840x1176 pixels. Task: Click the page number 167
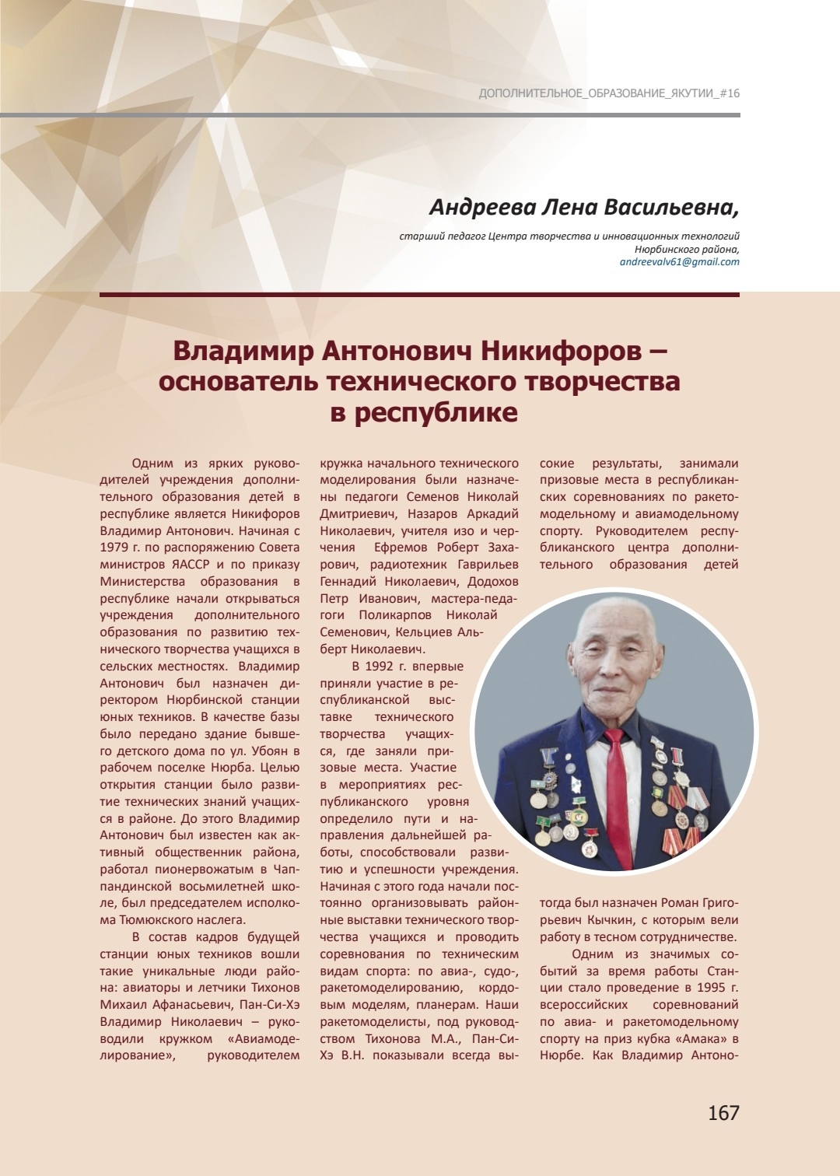723,1113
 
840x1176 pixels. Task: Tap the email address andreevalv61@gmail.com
679,262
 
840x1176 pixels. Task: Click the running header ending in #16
609,93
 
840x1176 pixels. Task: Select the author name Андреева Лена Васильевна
583,207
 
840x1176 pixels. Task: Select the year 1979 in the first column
114,548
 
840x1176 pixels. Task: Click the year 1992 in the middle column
380,667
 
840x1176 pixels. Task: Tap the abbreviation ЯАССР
190,565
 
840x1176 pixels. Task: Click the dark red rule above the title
419,295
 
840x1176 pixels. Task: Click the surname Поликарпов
395,615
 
